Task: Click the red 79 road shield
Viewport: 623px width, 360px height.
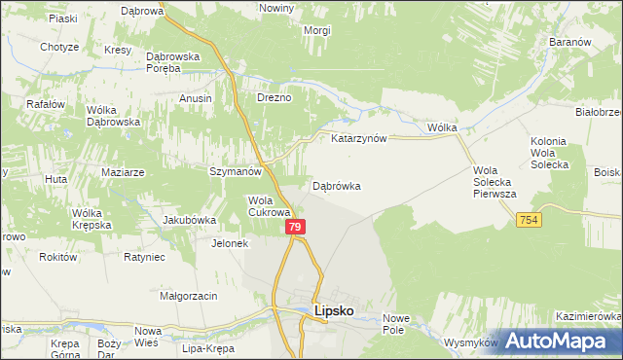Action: tap(297, 227)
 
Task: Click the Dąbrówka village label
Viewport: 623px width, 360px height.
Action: tap(337, 185)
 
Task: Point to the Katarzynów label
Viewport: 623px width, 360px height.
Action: tap(359, 138)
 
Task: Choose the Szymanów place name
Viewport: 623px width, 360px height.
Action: tap(236, 171)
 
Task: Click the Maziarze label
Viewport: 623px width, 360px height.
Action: tap(123, 172)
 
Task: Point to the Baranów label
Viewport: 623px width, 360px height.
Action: tap(570, 43)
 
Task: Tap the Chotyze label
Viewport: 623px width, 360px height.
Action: tap(59, 47)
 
